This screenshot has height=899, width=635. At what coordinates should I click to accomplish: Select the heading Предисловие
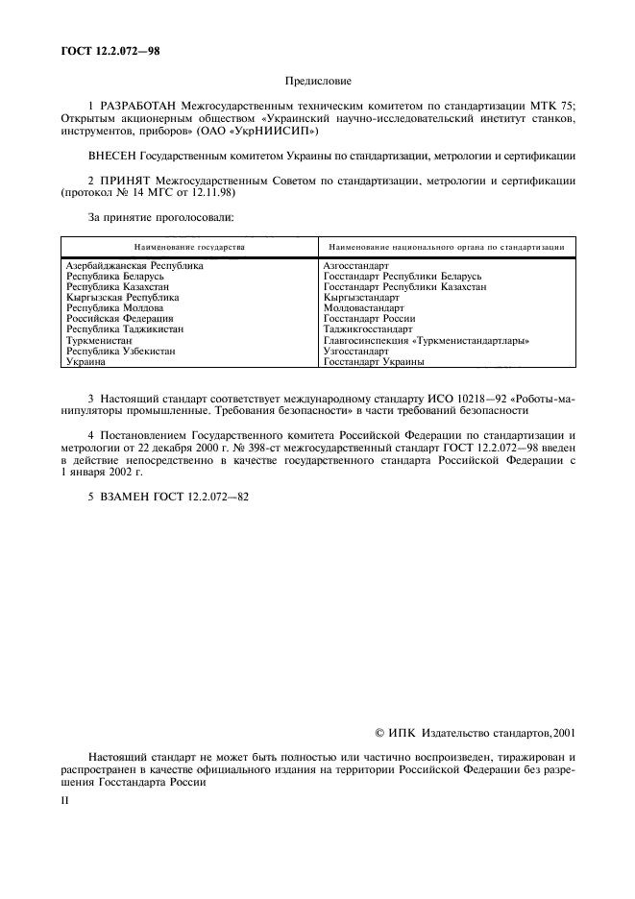[318, 84]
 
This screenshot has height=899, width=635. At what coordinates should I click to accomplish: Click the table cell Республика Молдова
[114, 308]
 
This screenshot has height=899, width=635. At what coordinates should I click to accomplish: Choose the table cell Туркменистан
[99, 341]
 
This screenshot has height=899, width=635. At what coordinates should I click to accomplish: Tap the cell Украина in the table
[85, 362]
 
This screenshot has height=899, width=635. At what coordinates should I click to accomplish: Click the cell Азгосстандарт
[355, 266]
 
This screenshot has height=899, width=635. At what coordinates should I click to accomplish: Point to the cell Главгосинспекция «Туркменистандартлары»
[427, 341]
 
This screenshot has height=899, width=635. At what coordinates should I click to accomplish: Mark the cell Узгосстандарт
[355, 352]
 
